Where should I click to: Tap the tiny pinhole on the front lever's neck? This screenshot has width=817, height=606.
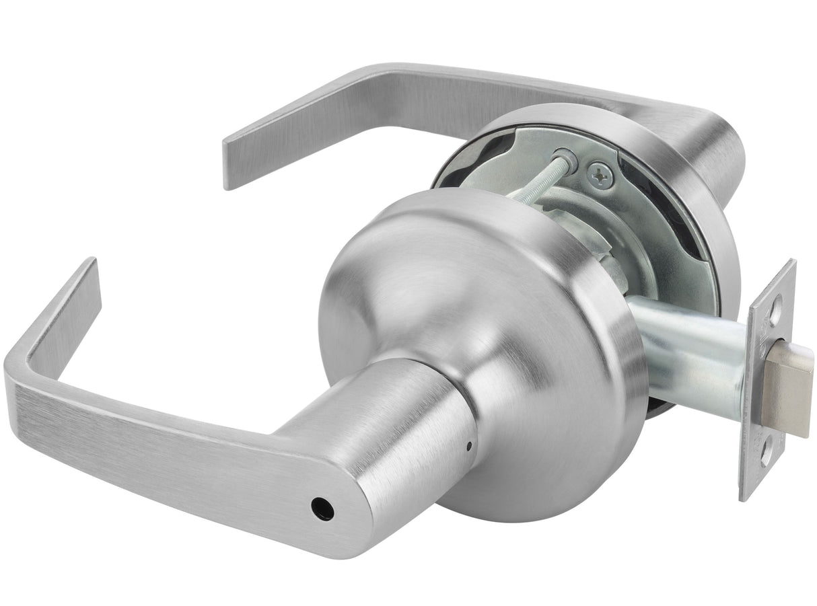tap(469, 447)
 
